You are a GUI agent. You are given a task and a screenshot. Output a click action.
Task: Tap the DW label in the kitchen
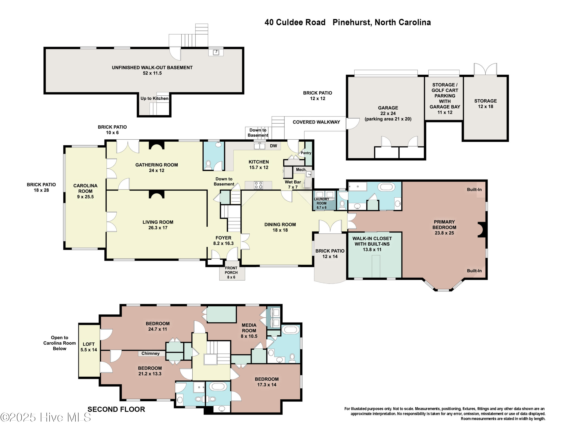point(273,146)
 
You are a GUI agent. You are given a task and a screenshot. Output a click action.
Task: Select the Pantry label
point(306,153)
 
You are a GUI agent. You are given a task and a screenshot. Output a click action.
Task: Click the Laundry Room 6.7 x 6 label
point(321,203)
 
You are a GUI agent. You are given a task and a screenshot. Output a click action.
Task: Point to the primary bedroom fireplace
point(482,230)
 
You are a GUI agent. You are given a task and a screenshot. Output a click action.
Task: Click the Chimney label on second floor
point(150,353)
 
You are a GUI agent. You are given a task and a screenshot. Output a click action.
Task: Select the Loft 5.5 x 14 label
point(89,347)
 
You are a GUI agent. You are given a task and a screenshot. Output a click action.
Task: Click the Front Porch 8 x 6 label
point(231,273)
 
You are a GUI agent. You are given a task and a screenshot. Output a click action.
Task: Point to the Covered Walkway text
point(316,122)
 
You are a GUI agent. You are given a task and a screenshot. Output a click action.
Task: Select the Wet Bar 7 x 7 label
point(293,185)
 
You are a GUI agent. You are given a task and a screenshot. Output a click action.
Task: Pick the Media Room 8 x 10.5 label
point(249,331)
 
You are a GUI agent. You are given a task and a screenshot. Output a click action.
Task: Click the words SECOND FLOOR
point(116,409)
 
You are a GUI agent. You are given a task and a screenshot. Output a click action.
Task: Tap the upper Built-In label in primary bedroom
point(474,189)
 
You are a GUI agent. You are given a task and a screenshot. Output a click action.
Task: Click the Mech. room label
point(301,169)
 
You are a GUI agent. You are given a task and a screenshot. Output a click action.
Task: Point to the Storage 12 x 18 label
point(485,103)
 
